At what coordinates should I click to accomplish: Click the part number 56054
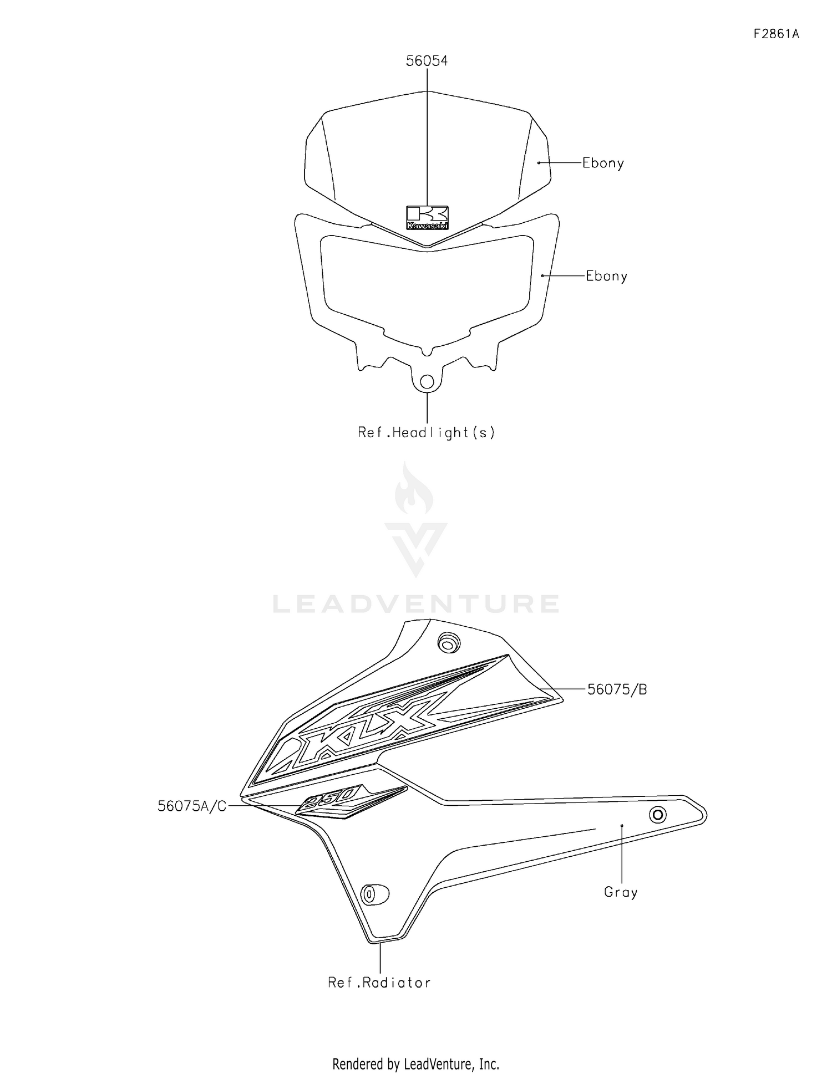point(427,61)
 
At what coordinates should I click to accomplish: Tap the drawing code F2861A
point(776,34)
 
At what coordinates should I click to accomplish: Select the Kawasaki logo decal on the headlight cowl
point(427,218)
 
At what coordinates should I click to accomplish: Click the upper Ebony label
point(603,163)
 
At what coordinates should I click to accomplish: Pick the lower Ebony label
point(606,276)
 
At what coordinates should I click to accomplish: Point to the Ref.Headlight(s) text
point(426,432)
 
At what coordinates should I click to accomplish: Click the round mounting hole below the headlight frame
point(427,381)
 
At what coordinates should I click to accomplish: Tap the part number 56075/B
point(617,689)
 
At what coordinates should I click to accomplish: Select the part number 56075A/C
point(192,806)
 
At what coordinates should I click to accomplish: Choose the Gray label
point(621,892)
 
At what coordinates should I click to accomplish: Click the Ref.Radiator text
point(379,983)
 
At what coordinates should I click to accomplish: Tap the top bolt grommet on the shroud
point(449,643)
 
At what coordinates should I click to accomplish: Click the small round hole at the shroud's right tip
point(658,815)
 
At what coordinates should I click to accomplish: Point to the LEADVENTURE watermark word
point(416,604)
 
